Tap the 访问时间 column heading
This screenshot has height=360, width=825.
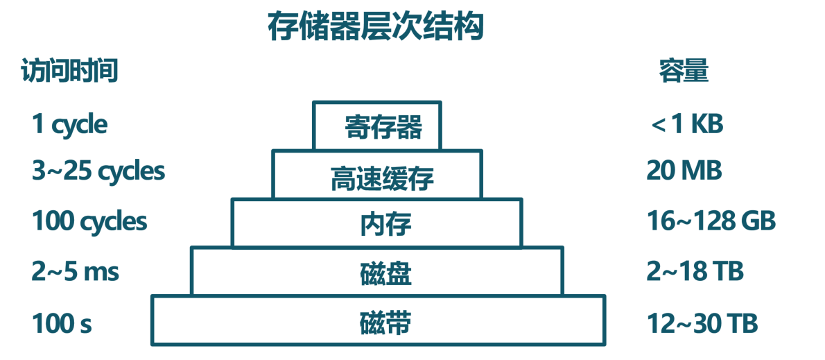pyautogui.click(x=69, y=71)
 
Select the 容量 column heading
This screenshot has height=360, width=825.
pyautogui.click(x=684, y=71)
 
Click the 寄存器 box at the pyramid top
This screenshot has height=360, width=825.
pyautogui.click(x=376, y=126)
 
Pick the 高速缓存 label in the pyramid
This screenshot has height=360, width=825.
pyautogui.click(x=383, y=178)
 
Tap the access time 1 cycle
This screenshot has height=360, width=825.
pyautogui.click(x=69, y=126)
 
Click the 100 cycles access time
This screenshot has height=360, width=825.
pyautogui.click(x=89, y=221)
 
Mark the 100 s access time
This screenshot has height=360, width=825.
pyautogui.click(x=62, y=323)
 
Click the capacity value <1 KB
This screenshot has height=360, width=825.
pyautogui.click(x=687, y=125)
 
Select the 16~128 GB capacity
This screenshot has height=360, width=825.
pyautogui.click(x=711, y=221)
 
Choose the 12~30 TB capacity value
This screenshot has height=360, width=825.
pyautogui.click(x=702, y=323)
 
